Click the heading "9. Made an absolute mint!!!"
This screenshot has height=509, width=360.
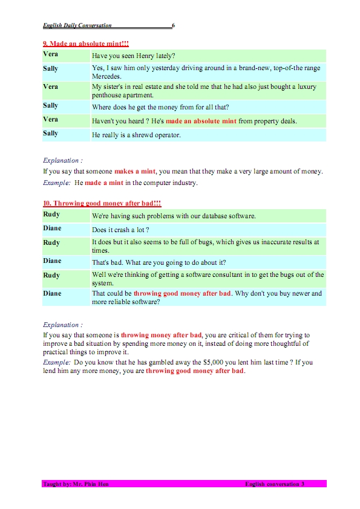click(85, 44)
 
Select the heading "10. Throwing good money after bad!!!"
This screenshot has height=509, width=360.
click(102, 204)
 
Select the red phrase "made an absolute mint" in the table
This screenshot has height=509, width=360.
click(201, 121)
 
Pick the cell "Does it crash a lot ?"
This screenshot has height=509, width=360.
click(120, 230)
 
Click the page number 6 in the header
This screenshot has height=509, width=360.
click(174, 25)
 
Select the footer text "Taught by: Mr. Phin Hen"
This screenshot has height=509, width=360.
click(76, 484)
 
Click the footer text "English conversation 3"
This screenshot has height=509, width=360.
click(275, 484)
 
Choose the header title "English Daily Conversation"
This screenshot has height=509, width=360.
click(77, 25)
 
